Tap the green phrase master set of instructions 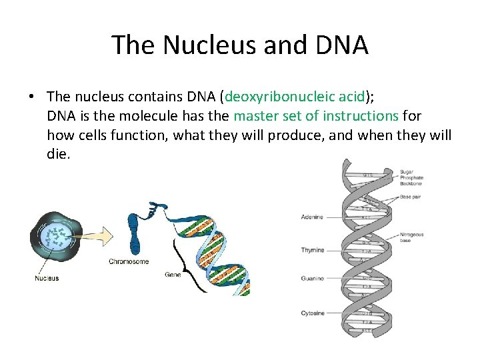tap(316, 116)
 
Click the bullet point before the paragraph tap(32, 97)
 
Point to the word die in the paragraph tap(58, 155)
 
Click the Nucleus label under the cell tap(47, 278)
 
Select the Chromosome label tap(129, 262)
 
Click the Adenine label tap(312, 217)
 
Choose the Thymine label tap(312, 251)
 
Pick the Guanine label tap(312, 279)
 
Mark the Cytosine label tap(312, 313)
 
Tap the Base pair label tap(411, 197)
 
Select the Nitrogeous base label tap(412, 238)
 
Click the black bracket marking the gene tap(180, 257)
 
